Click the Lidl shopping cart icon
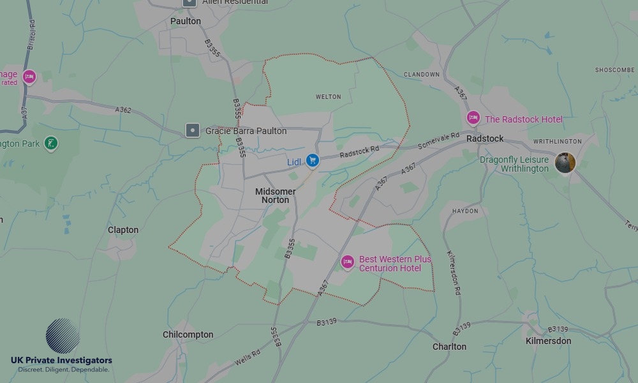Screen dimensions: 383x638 pyautogui.click(x=312, y=161)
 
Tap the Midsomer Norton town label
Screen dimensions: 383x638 pyautogui.click(x=276, y=196)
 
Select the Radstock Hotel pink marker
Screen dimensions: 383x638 pyautogui.click(x=473, y=118)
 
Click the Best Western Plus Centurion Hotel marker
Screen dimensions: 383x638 pyautogui.click(x=348, y=262)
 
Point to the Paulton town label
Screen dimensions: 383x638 pyautogui.click(x=186, y=21)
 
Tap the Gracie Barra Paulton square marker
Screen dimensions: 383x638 pyautogui.click(x=193, y=131)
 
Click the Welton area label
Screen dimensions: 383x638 pyautogui.click(x=329, y=97)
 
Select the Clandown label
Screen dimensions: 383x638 pyautogui.click(x=422, y=75)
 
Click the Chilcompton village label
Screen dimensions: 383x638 pyautogui.click(x=188, y=334)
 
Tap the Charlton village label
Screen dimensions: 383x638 pyautogui.click(x=450, y=347)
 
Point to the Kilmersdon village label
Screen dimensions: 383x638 pyautogui.click(x=548, y=341)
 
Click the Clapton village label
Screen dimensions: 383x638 pyautogui.click(x=123, y=230)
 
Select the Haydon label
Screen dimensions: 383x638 pyautogui.click(x=464, y=211)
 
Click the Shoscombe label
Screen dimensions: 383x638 pyautogui.click(x=615, y=70)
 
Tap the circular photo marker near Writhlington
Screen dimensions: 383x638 pyautogui.click(x=565, y=163)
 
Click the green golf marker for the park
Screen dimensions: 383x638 pyautogui.click(x=51, y=144)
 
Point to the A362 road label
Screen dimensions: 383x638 pyautogui.click(x=123, y=110)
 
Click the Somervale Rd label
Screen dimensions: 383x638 pyautogui.click(x=438, y=141)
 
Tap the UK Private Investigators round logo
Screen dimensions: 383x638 pyautogui.click(x=63, y=336)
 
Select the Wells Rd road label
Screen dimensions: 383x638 pyautogui.click(x=247, y=357)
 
